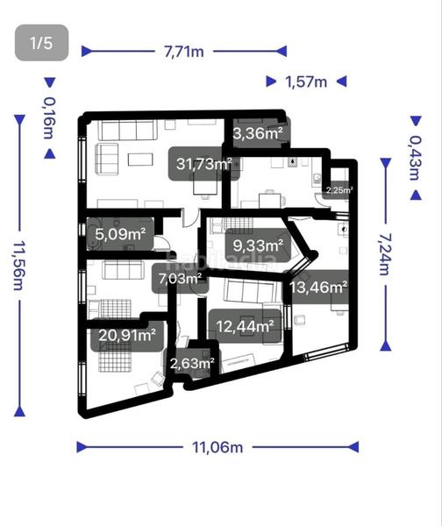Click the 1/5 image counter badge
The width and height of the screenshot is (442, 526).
point(42,43)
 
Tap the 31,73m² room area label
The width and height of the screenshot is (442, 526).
point(203,163)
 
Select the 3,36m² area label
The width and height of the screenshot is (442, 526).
point(258,133)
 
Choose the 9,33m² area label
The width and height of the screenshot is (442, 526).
point(256,245)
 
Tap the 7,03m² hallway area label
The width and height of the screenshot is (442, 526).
point(179,281)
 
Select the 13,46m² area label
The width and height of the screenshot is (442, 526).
point(319,286)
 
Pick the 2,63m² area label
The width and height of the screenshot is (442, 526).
point(192,362)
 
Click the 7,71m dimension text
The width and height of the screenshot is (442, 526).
point(183,52)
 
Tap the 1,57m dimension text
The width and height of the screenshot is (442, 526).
point(306,82)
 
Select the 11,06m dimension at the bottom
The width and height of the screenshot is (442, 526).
point(217,447)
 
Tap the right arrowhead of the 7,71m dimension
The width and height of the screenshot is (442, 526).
point(283,52)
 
